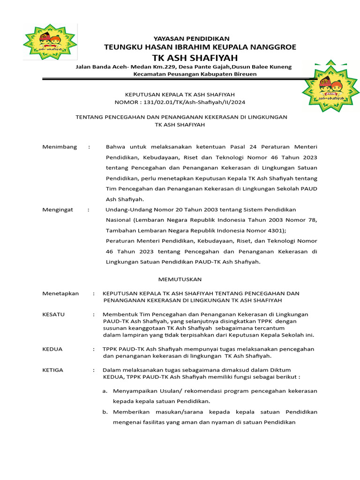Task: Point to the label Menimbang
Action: click(60, 147)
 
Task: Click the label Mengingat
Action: click(58, 210)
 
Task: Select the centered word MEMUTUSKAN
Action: click(180, 279)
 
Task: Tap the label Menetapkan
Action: click(60, 293)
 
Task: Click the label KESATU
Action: click(53, 314)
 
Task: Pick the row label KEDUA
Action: click(52, 349)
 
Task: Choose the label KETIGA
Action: click(53, 370)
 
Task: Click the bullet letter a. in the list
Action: click(105, 391)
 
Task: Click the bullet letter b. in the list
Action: click(105, 412)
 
